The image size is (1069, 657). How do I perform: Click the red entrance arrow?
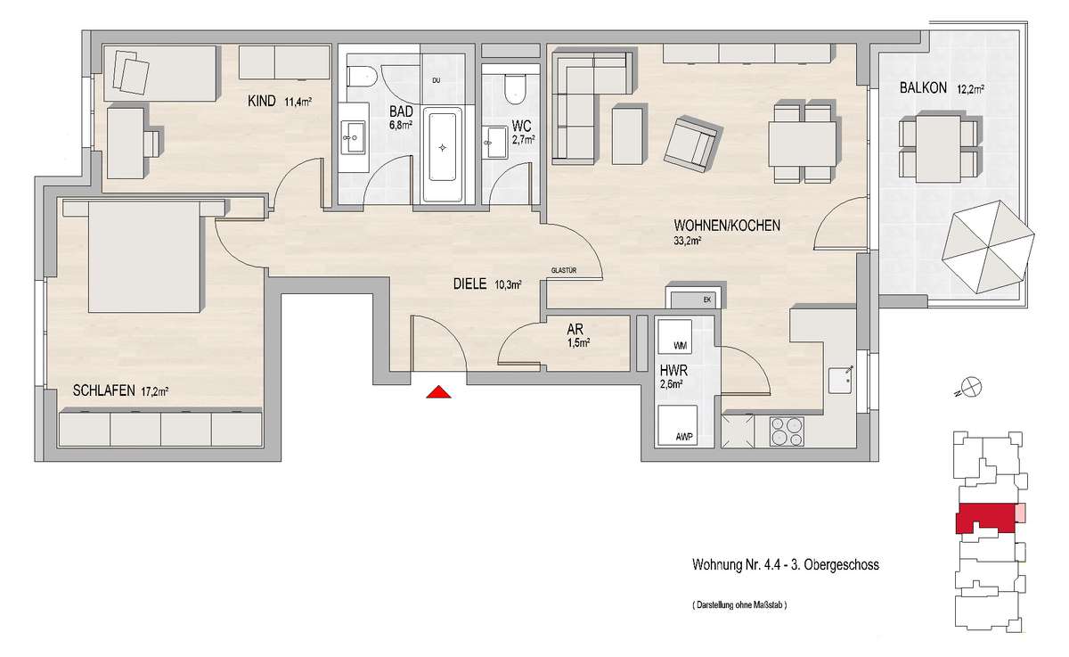(438, 392)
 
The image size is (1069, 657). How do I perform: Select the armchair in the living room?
(692, 144)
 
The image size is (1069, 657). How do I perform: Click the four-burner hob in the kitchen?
(787, 431)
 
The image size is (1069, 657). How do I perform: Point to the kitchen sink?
(841, 381)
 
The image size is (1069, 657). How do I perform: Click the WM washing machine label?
(680, 346)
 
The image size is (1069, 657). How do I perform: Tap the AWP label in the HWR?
(684, 437)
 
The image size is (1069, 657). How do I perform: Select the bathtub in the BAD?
(443, 151)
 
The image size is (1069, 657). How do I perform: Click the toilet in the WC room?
(515, 89)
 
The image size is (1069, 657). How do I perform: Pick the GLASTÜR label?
(564, 270)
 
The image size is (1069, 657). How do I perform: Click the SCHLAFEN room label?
(103, 390)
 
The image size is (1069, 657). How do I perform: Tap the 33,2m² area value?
(687, 241)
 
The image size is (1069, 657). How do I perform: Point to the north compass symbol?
(972, 386)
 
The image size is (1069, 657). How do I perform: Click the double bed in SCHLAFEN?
(143, 257)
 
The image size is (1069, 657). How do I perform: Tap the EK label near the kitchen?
(706, 300)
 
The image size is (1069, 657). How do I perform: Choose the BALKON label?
(923, 88)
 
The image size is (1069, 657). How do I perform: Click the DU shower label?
(437, 81)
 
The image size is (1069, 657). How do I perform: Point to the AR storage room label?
(575, 329)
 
